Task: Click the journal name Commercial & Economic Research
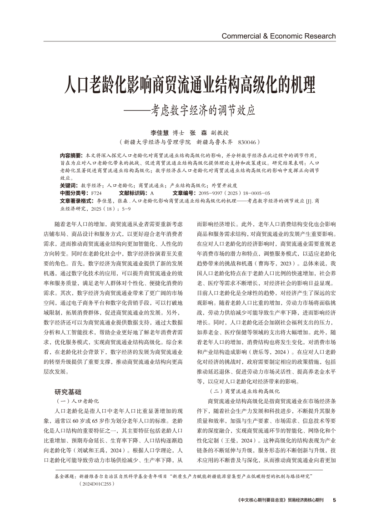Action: [x=278, y=36]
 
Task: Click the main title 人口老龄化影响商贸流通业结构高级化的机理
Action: [x=188, y=85]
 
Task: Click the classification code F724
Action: [x=96, y=193]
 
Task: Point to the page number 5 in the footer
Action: [x=334, y=500]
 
